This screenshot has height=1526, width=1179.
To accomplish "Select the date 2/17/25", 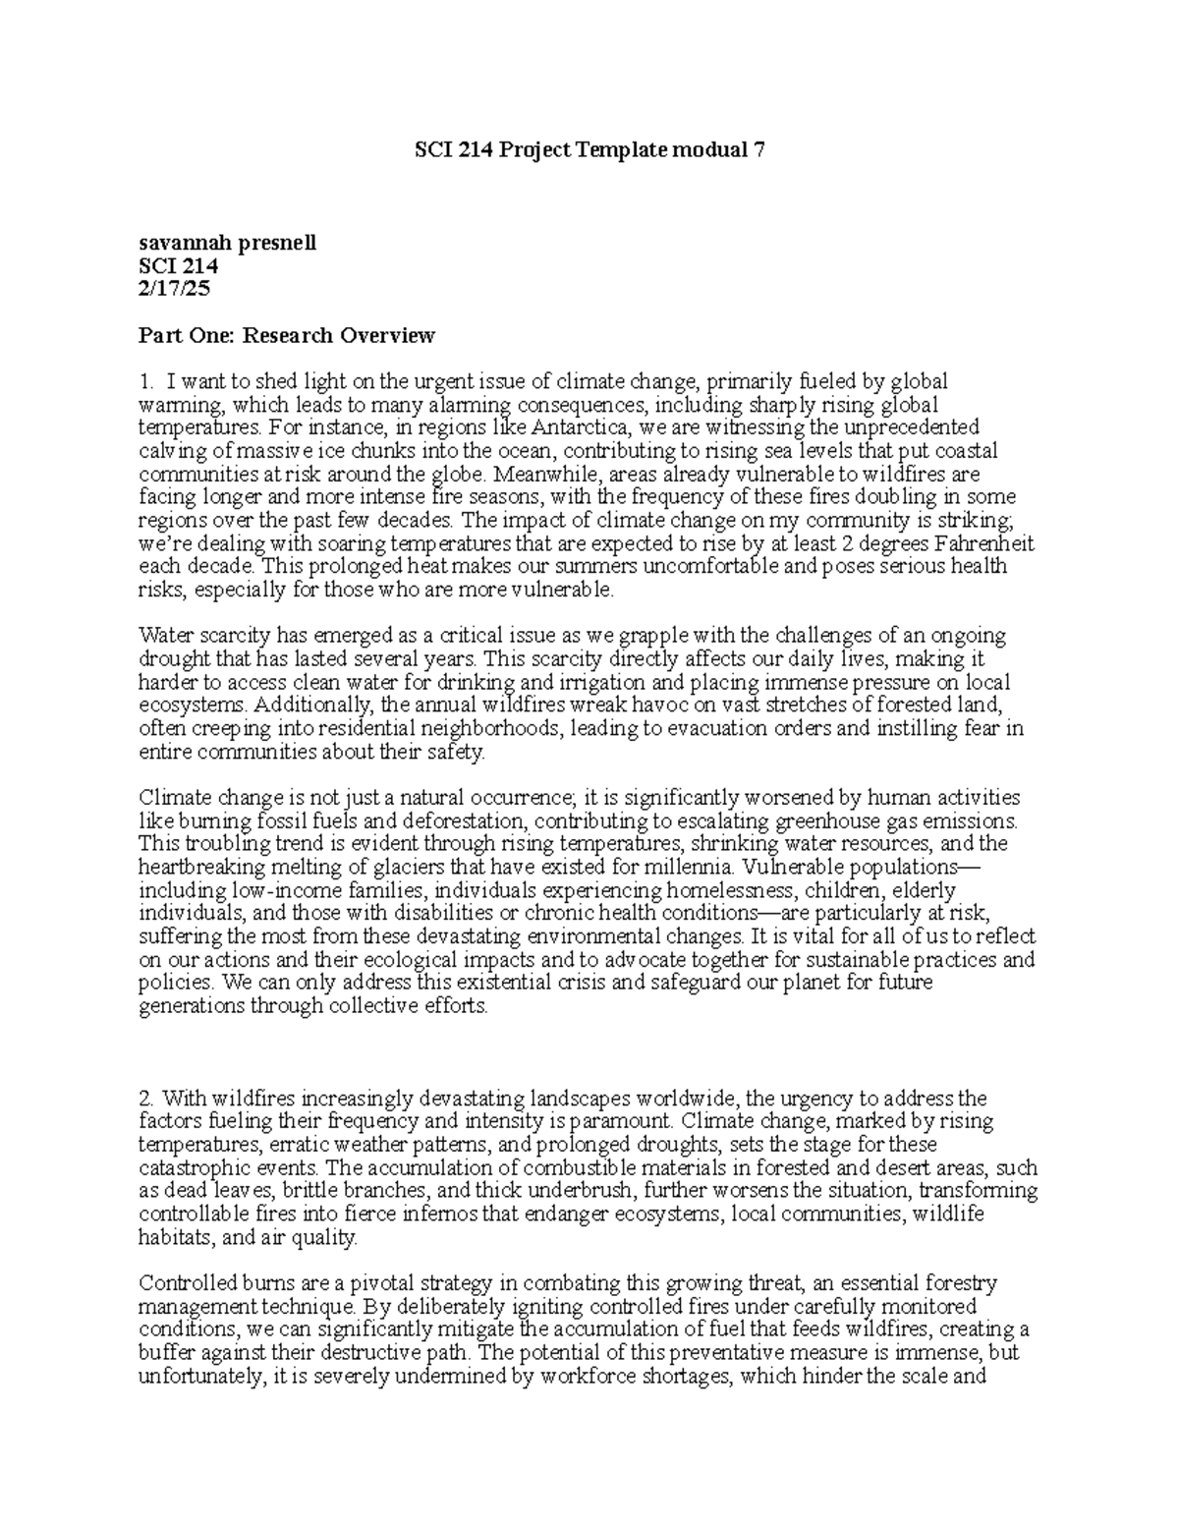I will click(x=174, y=289).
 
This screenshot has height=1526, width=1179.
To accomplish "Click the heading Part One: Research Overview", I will click(x=286, y=336).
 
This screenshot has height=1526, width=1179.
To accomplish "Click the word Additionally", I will click(x=313, y=706).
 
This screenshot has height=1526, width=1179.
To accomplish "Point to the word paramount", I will click(x=621, y=1121).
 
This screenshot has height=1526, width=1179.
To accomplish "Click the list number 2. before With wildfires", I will click(x=146, y=1098).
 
